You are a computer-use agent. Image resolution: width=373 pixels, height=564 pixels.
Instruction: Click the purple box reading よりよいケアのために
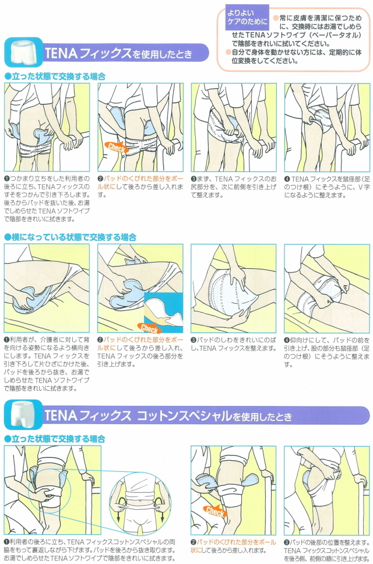247,17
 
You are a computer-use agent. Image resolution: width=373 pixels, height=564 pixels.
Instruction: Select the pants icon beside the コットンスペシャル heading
23,414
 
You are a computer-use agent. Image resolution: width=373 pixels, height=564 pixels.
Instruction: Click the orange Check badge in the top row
116,147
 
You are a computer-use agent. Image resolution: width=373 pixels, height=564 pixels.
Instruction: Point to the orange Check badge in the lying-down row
149,328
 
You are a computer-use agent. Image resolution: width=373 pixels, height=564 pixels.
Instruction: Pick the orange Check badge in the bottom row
215,510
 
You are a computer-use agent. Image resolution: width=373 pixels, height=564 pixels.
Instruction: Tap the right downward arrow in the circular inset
161,507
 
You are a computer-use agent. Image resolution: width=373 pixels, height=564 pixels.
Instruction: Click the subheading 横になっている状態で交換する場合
71,237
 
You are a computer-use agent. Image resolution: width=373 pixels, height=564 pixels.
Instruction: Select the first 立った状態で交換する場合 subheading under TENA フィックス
55,76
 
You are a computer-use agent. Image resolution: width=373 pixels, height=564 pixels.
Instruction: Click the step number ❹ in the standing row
287,179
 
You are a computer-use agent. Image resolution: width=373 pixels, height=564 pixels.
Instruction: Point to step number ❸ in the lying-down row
193,340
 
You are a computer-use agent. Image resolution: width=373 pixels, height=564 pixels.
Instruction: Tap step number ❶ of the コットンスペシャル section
6,542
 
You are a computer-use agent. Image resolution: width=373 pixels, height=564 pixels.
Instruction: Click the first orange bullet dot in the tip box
276,18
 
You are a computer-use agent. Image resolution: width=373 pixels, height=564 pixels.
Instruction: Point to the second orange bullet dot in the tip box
228,52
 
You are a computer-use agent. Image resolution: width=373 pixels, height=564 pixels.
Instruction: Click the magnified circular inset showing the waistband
140,502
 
